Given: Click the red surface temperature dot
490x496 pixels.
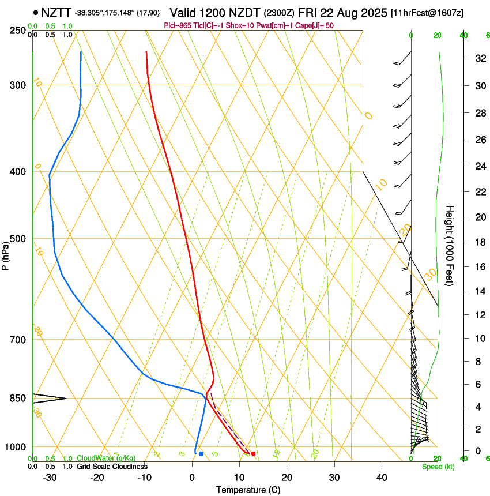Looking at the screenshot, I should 253,454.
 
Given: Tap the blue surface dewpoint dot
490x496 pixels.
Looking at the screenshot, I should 201,454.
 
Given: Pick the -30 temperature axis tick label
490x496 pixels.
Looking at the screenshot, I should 50,478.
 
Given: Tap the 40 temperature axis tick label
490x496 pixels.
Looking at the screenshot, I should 382,478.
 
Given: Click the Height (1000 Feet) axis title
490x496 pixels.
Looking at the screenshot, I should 450,245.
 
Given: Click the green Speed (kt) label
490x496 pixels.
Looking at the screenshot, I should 438,467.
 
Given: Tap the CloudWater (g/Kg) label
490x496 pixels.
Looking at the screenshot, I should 106,459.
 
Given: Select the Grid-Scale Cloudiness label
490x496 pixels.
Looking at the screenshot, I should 112,466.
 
